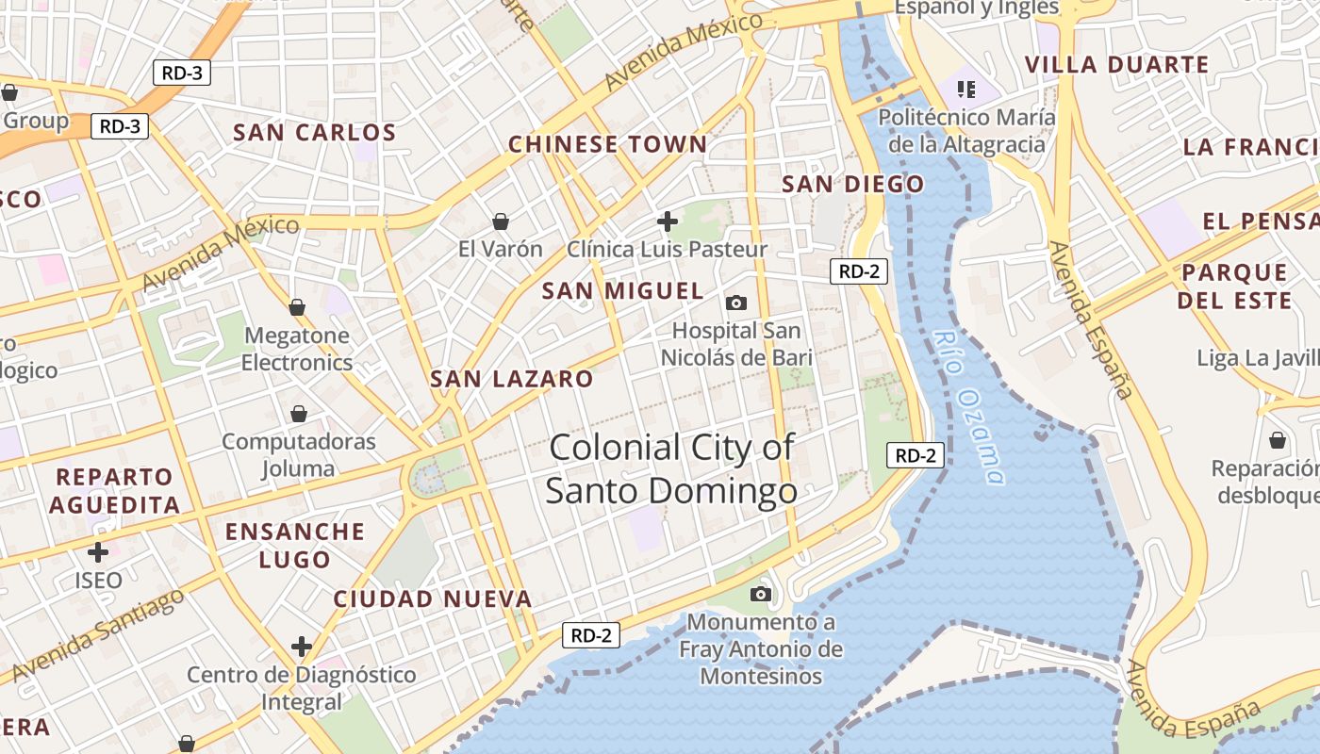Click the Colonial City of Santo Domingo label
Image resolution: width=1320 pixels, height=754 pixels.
point(671,468)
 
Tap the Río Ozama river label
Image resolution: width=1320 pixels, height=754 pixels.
point(968,406)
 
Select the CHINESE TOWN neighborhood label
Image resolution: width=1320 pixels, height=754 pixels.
point(607,144)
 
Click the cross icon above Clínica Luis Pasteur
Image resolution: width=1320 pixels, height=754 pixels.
point(668,222)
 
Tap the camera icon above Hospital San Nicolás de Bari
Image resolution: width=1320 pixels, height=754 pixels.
point(736,303)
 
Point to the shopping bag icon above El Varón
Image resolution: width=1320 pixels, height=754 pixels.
point(501,221)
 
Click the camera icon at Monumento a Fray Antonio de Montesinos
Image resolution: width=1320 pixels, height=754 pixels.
point(761,594)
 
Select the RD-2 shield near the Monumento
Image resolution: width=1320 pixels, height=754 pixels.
point(591,635)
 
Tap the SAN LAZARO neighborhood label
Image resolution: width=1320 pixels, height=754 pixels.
point(512,380)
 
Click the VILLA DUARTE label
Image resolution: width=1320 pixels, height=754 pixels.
point(1116,65)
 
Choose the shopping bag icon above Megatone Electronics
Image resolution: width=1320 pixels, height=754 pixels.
point(297,307)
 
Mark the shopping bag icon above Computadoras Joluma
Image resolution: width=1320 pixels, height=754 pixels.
point(299,414)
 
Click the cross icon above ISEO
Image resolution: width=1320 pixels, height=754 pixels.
point(98,552)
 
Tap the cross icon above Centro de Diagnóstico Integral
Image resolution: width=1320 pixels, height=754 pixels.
point(302,647)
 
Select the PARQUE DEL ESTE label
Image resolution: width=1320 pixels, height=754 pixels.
point(1234,287)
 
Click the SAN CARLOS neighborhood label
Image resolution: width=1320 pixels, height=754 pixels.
point(314,133)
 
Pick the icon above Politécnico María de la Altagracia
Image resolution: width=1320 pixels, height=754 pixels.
point(965,90)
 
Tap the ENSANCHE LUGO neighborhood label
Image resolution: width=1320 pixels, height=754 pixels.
point(295,545)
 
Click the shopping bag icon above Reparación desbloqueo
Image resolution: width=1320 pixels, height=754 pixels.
point(1278,440)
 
